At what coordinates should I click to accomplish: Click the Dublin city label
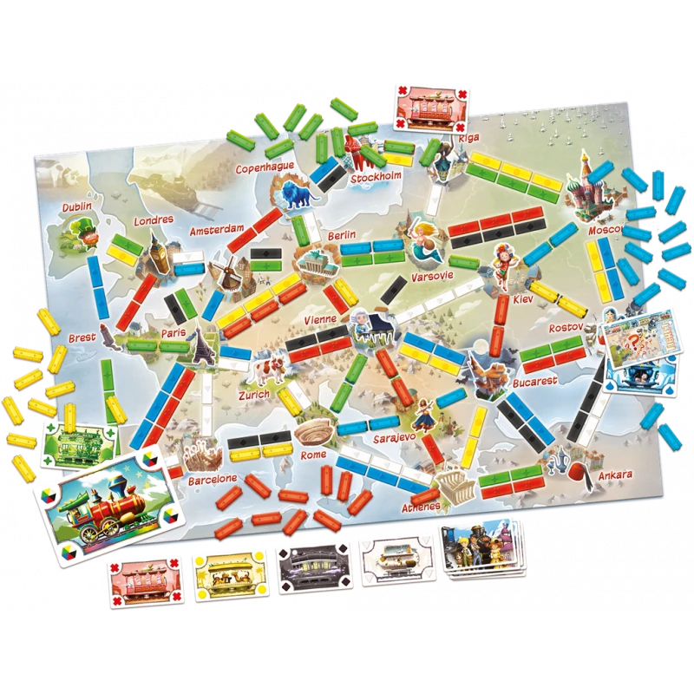click(77, 207)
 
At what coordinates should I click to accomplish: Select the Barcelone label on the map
click(211, 479)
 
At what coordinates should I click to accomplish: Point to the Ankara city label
click(614, 475)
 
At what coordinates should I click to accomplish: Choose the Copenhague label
click(265, 167)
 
